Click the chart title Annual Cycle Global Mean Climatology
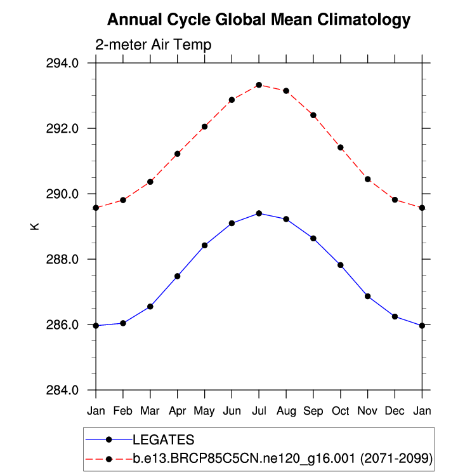pos(259,20)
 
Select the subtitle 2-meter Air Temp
pos(153,45)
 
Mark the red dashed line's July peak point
pos(259,84)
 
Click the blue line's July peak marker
pos(259,213)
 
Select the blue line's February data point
pos(123,323)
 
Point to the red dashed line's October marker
pos(341,147)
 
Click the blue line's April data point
pos(178,276)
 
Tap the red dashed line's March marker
pos(150,182)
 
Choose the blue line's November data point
pos(368,296)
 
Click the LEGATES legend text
pos(163,439)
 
